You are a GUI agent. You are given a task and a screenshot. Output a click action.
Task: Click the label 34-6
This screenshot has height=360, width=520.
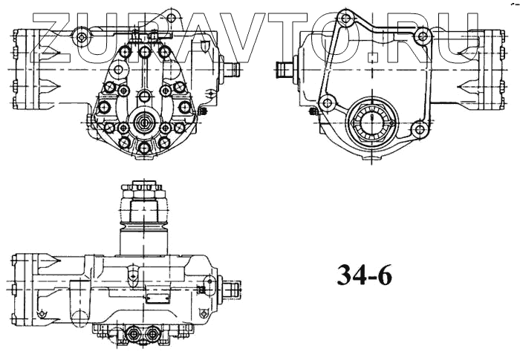364,275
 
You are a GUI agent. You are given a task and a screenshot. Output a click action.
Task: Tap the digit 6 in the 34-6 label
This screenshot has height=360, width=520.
382,275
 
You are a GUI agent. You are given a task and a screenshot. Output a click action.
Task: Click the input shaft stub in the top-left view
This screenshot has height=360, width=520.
233,71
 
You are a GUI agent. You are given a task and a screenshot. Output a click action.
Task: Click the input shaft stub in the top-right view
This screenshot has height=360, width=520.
284,71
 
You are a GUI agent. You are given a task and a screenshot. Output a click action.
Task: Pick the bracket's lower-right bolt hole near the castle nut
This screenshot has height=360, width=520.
420,129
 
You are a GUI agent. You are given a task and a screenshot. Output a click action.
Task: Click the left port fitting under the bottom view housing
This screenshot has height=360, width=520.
134,335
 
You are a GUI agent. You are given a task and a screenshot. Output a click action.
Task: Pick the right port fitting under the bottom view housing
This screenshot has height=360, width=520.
154,335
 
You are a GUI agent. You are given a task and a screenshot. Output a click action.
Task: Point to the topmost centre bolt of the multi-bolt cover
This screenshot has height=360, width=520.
143,51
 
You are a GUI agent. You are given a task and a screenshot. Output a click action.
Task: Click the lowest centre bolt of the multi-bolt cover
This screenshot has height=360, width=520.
143,148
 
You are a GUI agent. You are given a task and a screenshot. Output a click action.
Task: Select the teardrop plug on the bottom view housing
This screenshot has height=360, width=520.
131,275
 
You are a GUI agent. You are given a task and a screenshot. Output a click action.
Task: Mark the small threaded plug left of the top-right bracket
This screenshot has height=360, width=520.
311,111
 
